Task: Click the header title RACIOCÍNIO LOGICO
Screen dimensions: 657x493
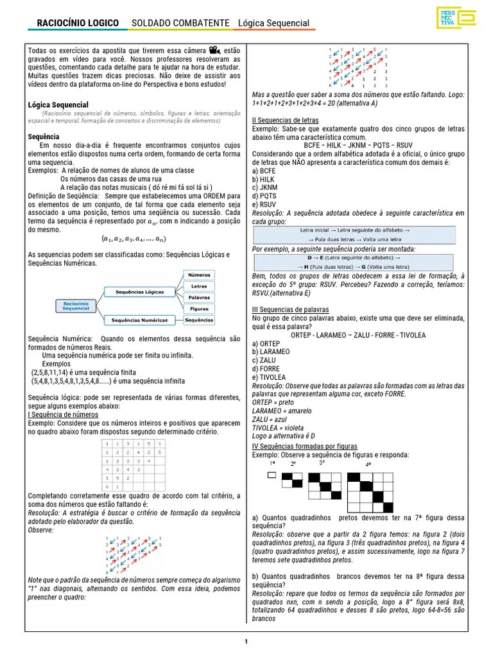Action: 78,23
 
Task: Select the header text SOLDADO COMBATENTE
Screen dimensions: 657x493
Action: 180,23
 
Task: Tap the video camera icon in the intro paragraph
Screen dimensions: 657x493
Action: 213,50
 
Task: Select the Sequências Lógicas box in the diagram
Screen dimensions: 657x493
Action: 139,292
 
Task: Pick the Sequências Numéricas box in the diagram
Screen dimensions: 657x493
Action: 139,320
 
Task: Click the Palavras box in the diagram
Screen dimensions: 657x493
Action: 199,298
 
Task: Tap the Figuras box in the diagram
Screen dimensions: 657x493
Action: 199,309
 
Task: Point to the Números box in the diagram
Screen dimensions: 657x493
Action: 199,275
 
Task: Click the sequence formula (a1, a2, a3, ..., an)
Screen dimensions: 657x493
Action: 134,239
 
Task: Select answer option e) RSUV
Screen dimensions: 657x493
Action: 264,204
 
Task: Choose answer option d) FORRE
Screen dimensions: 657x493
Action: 265,369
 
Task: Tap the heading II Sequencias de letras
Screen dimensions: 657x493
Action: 291,120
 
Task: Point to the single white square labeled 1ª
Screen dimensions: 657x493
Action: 271,475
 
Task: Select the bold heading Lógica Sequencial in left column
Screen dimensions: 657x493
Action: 58,105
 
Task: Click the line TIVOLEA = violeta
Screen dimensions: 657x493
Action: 278,427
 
